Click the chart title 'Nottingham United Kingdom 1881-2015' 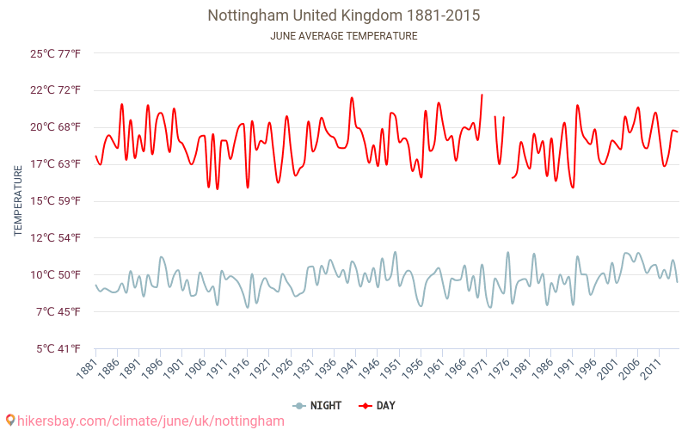[x=344, y=15]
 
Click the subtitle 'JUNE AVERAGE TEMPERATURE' [x=344, y=36]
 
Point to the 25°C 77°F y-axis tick [x=55, y=53]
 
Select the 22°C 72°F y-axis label [x=55, y=90]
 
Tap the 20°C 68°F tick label [x=55, y=127]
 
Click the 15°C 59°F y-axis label [x=55, y=201]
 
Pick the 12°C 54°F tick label [x=55, y=238]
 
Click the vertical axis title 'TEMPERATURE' [x=18, y=201]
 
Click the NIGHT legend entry [x=316, y=406]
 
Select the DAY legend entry [x=378, y=406]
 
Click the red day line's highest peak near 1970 [x=482, y=95]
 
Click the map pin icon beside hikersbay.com [x=9, y=421]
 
